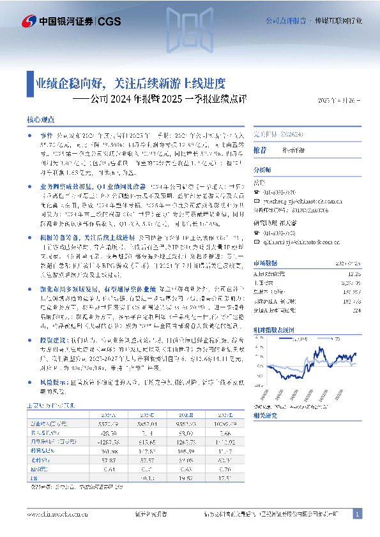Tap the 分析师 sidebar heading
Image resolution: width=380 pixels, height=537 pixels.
click(x=262, y=170)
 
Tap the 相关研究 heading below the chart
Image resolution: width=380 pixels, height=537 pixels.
click(x=266, y=415)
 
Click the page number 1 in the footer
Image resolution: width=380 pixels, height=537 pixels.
click(x=358, y=514)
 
